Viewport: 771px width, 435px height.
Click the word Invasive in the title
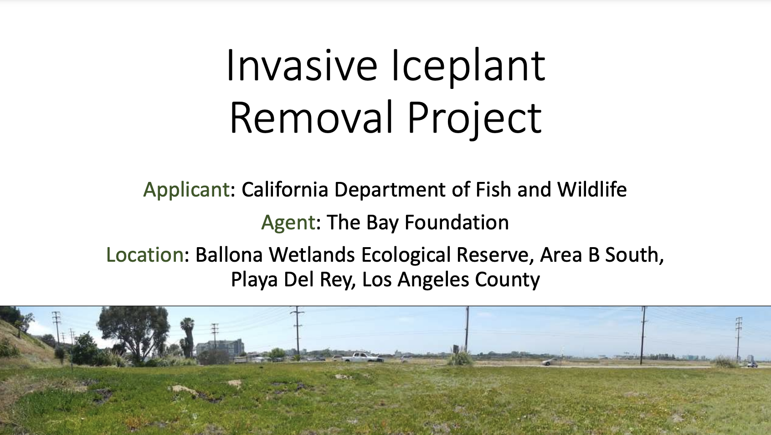click(x=302, y=66)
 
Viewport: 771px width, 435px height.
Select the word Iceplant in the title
click(x=468, y=67)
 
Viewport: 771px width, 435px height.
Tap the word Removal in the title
click(x=311, y=117)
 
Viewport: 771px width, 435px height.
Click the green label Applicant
click(x=186, y=190)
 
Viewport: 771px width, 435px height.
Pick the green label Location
click(x=145, y=255)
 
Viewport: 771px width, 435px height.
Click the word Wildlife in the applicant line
click(x=591, y=189)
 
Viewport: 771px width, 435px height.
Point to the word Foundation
click(x=457, y=222)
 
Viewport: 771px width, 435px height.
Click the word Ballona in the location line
click(x=230, y=255)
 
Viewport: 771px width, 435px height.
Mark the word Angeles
click(x=433, y=280)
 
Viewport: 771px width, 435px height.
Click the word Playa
click(x=254, y=280)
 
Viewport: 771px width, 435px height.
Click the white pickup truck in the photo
click(x=362, y=357)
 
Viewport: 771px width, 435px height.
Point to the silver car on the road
click(x=550, y=362)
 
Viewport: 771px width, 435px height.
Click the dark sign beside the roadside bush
click(x=456, y=348)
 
